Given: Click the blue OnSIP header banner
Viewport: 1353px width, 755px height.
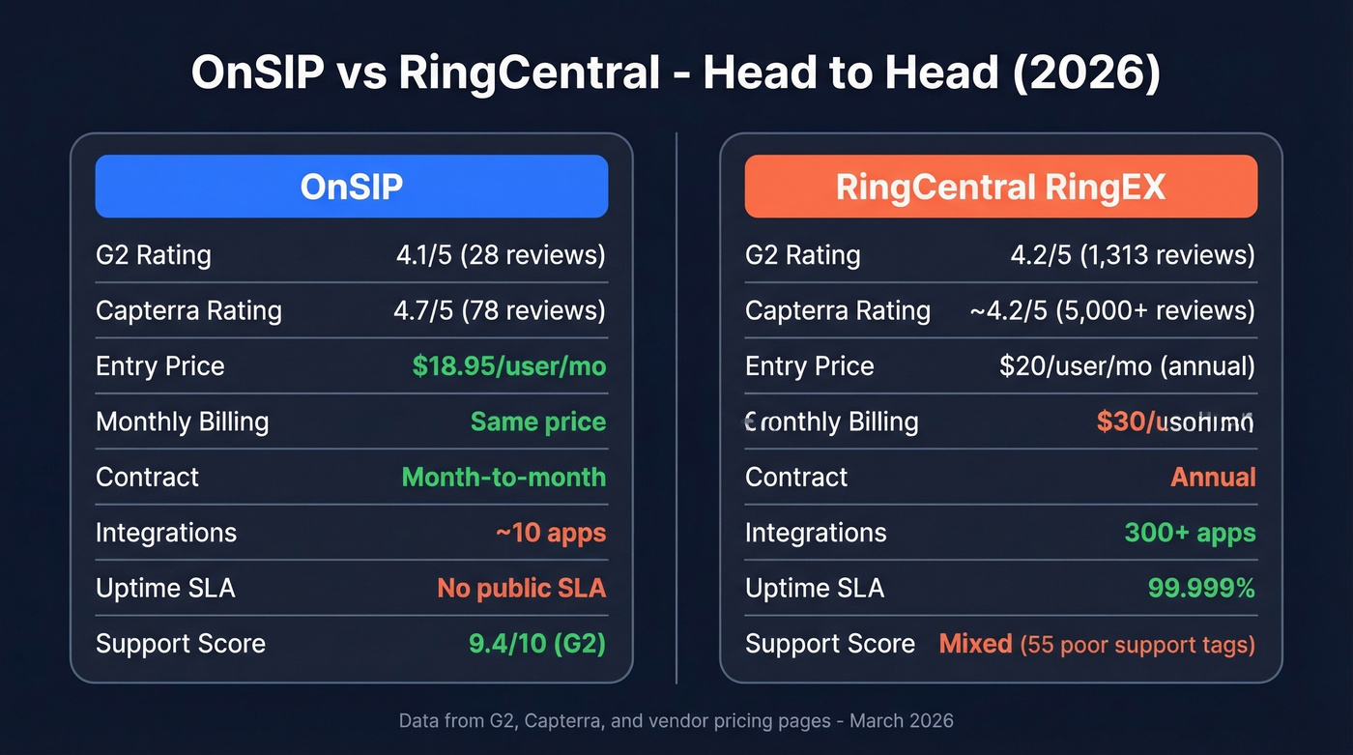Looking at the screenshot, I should pyautogui.click(x=351, y=187).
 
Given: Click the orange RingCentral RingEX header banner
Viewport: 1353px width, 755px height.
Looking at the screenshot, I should pyautogui.click(x=1000, y=187).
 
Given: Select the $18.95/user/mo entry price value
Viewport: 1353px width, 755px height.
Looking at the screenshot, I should pyautogui.click(x=509, y=366).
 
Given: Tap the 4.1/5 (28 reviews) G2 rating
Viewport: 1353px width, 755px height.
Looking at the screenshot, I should pyautogui.click(x=501, y=255).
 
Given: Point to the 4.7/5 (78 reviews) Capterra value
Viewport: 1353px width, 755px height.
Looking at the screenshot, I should pyautogui.click(x=501, y=310).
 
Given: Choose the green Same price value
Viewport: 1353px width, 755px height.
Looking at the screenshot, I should pyautogui.click(x=538, y=421).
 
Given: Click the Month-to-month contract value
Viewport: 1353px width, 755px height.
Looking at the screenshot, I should pyautogui.click(x=504, y=478).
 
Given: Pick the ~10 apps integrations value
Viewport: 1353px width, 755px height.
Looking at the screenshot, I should pyautogui.click(x=551, y=533).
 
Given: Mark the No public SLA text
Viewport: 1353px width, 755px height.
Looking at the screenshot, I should pyautogui.click(x=522, y=588).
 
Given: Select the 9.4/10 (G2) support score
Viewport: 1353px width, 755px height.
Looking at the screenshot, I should pyautogui.click(x=537, y=644).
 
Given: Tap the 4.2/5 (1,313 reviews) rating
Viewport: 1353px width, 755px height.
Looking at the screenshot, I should pyautogui.click(x=1133, y=255).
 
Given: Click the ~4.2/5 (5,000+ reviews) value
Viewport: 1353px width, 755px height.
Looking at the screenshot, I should pyautogui.click(x=1112, y=310).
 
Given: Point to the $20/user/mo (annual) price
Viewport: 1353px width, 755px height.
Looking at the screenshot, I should pyautogui.click(x=1127, y=366).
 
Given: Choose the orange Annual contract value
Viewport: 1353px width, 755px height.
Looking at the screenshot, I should pyautogui.click(x=1213, y=478).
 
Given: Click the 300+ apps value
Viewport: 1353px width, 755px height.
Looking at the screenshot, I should pyautogui.click(x=1190, y=533).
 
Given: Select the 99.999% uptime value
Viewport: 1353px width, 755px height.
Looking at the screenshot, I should pyautogui.click(x=1201, y=588).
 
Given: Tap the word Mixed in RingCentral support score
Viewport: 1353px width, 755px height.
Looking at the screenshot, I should pyautogui.click(x=975, y=644).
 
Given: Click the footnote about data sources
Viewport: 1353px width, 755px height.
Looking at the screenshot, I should pyautogui.click(x=676, y=721).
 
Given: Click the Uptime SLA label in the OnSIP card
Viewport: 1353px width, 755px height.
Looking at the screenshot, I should pyautogui.click(x=165, y=588).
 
